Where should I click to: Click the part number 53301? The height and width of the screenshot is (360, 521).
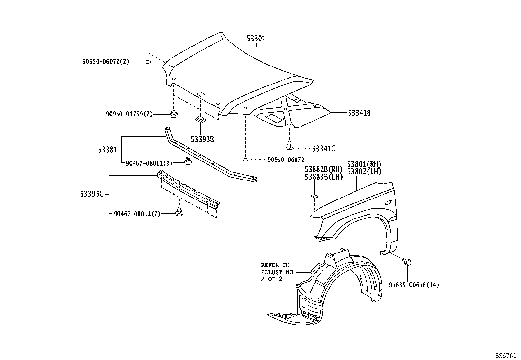pyautogui.click(x=256, y=39)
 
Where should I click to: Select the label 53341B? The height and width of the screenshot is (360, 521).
pyautogui.click(x=359, y=113)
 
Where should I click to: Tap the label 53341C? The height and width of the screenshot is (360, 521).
pyautogui.click(x=323, y=149)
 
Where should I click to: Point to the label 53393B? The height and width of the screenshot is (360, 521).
pyautogui.click(x=202, y=139)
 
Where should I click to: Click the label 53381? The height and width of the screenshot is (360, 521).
pyautogui.click(x=107, y=150)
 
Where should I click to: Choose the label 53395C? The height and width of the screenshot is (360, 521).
pyautogui.click(x=92, y=194)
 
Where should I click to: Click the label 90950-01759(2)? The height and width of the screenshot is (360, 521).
pyautogui.click(x=129, y=114)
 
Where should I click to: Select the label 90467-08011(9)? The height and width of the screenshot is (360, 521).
pyautogui.click(x=149, y=163)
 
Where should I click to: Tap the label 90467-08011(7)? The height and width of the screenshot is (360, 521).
pyautogui.click(x=137, y=214)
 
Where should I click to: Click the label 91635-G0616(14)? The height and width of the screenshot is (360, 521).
pyautogui.click(x=414, y=285)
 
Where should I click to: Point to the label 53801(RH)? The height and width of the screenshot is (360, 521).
pyautogui.click(x=364, y=164)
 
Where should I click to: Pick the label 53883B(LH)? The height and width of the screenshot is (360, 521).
pyautogui.click(x=323, y=177)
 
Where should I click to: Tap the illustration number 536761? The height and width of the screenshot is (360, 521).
pyautogui.click(x=506, y=355)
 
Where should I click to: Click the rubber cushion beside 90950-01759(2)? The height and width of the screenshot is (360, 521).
pyautogui.click(x=174, y=114)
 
